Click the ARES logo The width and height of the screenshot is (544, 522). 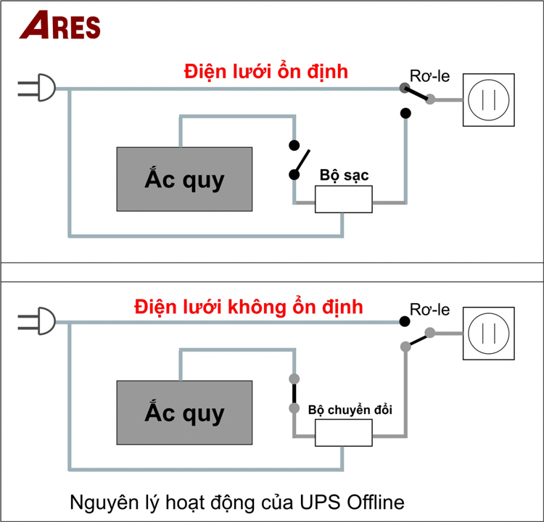[60, 25]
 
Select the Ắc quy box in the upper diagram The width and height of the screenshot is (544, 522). [184, 178]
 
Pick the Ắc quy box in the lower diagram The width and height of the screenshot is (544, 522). [184, 413]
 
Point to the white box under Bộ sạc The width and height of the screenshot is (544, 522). [343, 199]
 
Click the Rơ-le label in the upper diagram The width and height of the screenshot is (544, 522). [430, 76]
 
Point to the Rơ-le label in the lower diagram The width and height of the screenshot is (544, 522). [430, 310]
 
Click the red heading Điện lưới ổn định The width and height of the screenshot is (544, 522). [266, 72]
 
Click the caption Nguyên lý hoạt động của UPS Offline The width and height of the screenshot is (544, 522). [236, 501]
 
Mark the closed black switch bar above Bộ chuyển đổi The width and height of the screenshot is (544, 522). [294, 394]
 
